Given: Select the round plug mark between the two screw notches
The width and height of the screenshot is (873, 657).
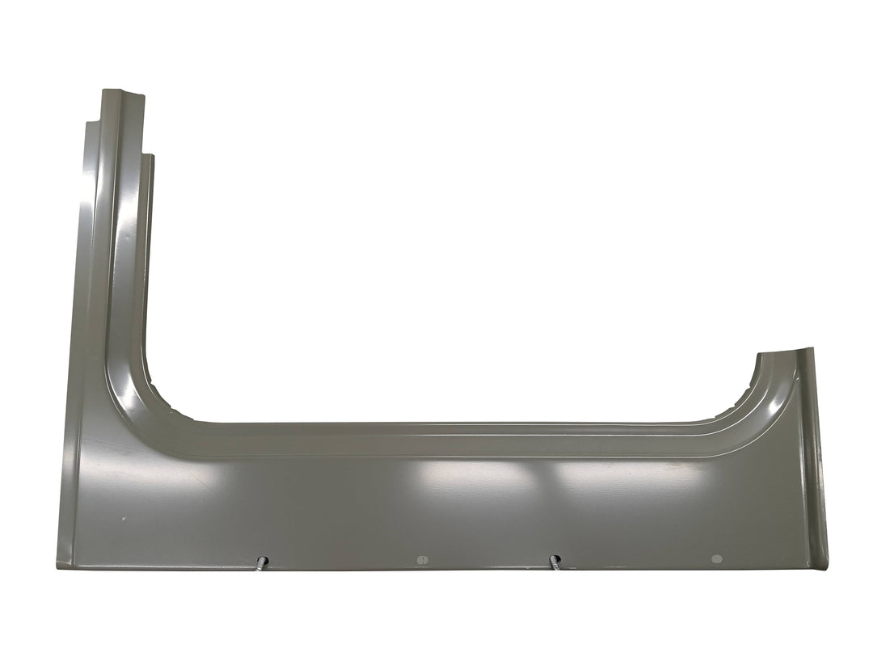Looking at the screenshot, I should point(420,559).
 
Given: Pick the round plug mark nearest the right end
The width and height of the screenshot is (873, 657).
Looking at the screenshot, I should point(715,558).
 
